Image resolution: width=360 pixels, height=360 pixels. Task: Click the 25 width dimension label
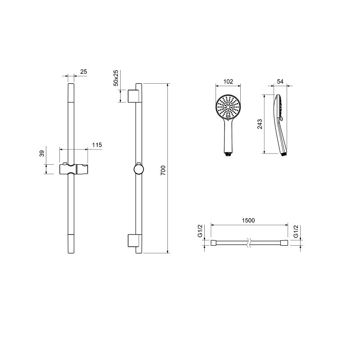coord(84,72)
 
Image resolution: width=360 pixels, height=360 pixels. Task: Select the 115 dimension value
coord(97,145)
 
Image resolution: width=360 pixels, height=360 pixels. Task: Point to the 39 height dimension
coord(41,153)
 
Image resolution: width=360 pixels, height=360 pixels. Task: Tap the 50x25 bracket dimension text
coord(116,78)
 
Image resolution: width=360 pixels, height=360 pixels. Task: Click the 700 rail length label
coord(163,171)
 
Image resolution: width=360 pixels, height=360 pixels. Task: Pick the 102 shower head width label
coord(228,81)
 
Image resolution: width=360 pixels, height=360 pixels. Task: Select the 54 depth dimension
coord(280,81)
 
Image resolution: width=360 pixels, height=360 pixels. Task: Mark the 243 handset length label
coord(260,124)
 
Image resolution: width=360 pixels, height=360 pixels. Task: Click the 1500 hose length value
coord(248,220)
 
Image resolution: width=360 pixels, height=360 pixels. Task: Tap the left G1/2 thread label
coord(200,231)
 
